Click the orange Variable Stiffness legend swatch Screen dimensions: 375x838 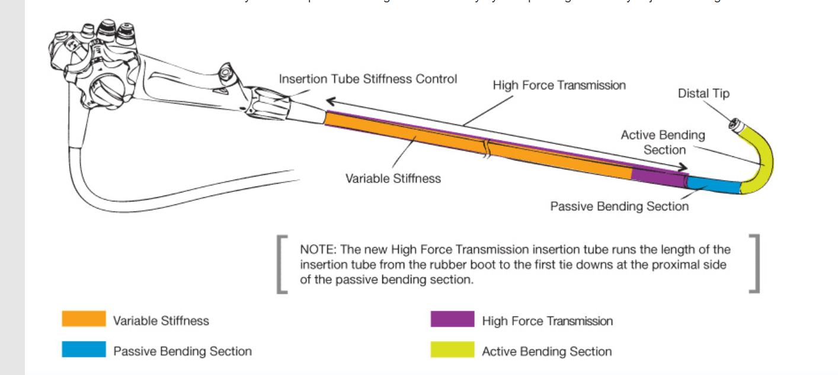[84, 319]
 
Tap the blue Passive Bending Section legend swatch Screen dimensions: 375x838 [84, 350]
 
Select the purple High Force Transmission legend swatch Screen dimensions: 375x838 [452, 319]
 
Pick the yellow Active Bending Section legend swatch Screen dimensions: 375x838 [452, 350]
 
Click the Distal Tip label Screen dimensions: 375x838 [703, 94]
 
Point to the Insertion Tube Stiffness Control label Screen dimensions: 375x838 [368, 79]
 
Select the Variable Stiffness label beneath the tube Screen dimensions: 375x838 [393, 178]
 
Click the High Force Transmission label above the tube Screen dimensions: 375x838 [559, 85]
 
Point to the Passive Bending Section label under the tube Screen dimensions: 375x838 [619, 206]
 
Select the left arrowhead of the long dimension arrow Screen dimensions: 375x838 [330, 100]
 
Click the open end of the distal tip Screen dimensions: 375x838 [734, 125]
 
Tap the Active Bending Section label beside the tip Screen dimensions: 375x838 [663, 142]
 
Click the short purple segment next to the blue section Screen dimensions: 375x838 [658, 175]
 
